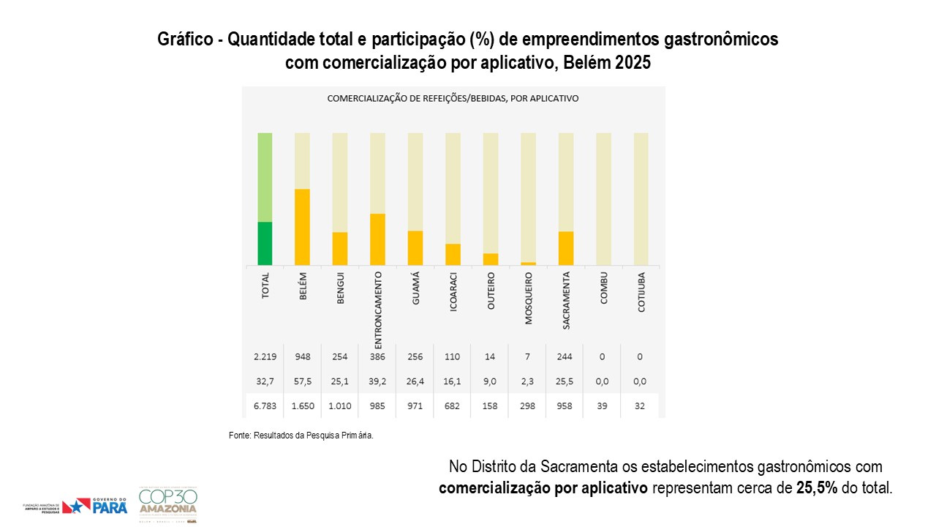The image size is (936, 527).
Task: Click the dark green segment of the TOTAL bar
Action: (x=265, y=243)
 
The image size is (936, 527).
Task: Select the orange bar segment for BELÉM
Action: (x=302, y=227)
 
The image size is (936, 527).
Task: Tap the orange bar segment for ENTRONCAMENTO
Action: (x=377, y=239)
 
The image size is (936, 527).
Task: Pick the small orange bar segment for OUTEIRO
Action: (x=491, y=259)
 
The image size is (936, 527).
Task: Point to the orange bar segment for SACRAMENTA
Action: (x=566, y=248)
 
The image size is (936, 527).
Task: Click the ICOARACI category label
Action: (x=453, y=293)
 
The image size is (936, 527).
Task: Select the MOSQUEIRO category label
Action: (x=529, y=299)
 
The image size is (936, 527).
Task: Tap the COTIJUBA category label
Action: (x=641, y=293)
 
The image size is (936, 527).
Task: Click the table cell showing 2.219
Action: (x=265, y=356)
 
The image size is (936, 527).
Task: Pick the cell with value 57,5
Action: (x=303, y=381)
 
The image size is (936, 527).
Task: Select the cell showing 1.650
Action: (x=303, y=405)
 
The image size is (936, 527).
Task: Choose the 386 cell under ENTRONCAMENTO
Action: (x=378, y=356)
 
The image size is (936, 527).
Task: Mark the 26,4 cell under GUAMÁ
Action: (x=415, y=381)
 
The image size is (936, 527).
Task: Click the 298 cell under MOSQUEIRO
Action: (x=528, y=405)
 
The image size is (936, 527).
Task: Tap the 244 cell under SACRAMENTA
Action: (x=565, y=356)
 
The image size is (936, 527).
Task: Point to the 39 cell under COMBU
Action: (x=603, y=405)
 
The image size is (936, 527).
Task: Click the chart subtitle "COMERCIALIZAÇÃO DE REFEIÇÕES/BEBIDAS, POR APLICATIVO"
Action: (x=453, y=98)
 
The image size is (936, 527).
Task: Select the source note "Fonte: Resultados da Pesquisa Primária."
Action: (x=301, y=436)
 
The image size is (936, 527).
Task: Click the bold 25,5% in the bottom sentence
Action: (x=816, y=488)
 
